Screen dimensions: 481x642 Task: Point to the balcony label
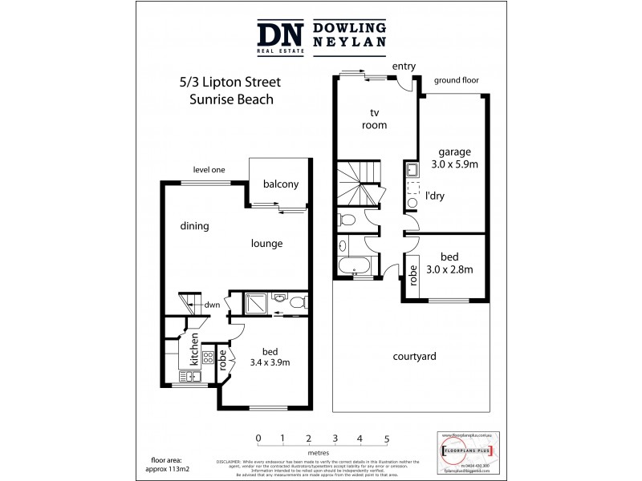click(281, 184)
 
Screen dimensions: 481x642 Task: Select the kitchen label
click(194, 349)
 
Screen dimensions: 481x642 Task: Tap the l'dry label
click(434, 196)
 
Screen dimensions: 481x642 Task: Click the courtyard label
click(415, 356)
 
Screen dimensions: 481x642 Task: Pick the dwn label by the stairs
click(212, 305)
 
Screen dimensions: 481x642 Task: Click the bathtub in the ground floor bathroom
click(355, 267)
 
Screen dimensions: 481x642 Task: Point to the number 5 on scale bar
click(387, 438)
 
